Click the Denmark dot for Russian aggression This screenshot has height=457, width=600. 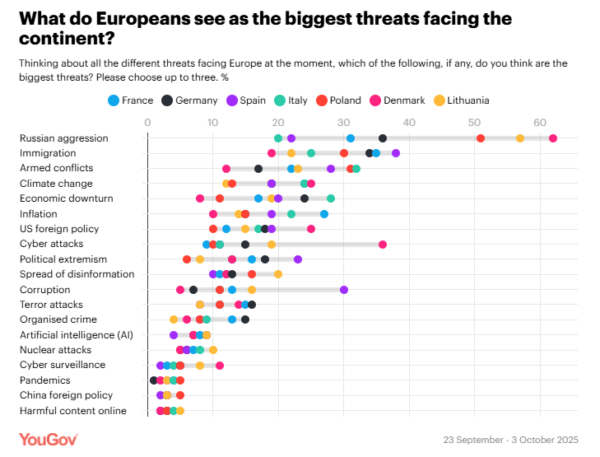[x=553, y=138]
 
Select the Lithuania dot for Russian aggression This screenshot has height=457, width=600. [x=520, y=138]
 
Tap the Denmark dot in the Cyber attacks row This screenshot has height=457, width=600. [x=382, y=244]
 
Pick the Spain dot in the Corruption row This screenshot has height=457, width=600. [x=344, y=289]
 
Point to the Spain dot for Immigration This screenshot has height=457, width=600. [x=396, y=153]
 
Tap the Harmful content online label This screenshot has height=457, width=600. [x=73, y=410]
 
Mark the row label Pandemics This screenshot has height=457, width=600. [x=45, y=380]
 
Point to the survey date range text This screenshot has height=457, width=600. [x=511, y=439]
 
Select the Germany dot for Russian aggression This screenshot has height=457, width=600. [x=383, y=138]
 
